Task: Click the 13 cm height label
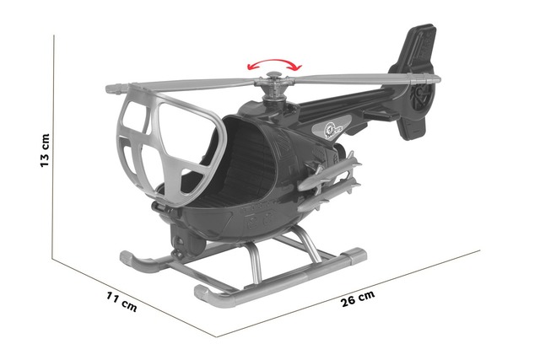(45, 150)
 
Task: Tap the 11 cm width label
(121, 302)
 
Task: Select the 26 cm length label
(358, 298)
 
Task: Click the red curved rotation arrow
(274, 64)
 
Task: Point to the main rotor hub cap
(273, 74)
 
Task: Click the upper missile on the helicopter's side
(329, 173)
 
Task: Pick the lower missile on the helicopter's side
(329, 196)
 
